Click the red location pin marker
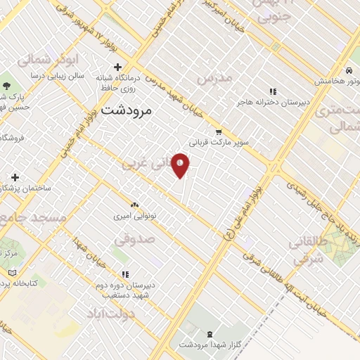(181, 165)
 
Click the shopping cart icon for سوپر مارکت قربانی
(219, 131)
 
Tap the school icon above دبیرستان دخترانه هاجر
(273, 91)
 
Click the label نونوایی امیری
(135, 216)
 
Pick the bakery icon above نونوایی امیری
(134, 204)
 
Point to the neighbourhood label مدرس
(214, 79)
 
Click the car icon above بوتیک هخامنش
(349, 71)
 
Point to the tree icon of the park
(6, 84)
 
